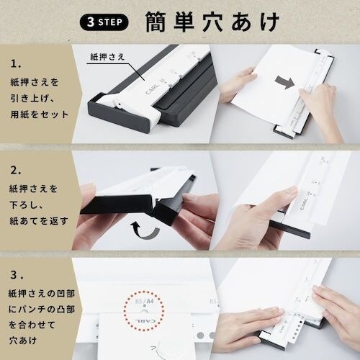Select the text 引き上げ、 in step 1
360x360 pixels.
pos(40,99)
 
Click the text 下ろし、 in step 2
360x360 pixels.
pos(35,207)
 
